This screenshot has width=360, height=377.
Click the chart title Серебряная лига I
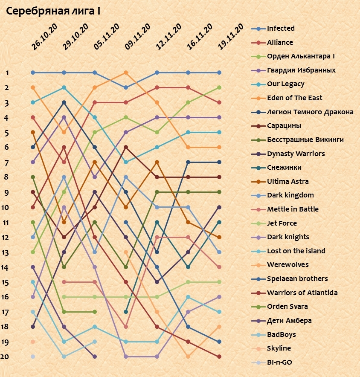[x=53, y=11]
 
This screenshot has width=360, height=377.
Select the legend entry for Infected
[x=280, y=29]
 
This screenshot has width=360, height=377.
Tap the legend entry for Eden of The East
[x=294, y=98]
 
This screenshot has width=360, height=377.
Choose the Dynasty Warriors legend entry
[x=296, y=154]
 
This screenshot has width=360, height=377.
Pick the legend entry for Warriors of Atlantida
[x=302, y=293]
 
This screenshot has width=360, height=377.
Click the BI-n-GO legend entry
[x=280, y=362]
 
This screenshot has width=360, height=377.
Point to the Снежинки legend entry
[x=284, y=168]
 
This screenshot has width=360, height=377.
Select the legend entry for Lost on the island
[x=296, y=251]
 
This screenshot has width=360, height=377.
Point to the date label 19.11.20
[x=230, y=38]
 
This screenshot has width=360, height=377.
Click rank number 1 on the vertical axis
[x=7, y=73]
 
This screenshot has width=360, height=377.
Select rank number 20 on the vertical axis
[x=5, y=357]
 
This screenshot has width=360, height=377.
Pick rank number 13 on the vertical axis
[x=5, y=252]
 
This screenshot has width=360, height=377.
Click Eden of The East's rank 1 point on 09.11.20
[x=126, y=72]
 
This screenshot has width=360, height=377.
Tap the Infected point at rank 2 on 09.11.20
[x=126, y=87]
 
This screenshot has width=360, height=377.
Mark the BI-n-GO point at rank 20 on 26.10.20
[x=33, y=357]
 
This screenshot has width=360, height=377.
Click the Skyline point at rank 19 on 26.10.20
[x=33, y=342]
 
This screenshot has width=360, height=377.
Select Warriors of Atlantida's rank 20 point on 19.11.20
[x=219, y=357]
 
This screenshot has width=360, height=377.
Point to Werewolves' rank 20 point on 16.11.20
[x=188, y=357]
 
